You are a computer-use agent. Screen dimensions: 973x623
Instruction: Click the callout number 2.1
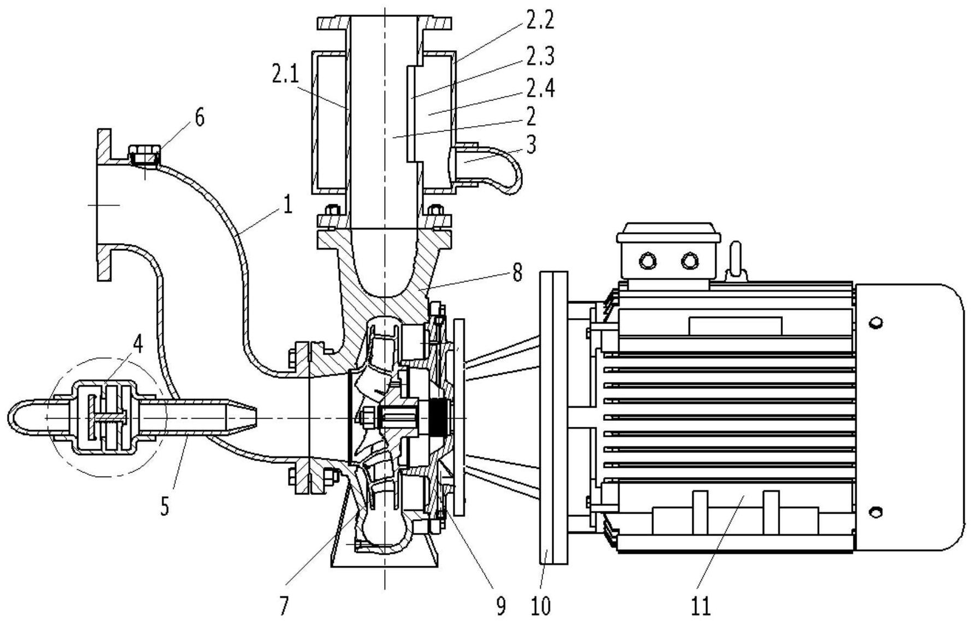(286, 74)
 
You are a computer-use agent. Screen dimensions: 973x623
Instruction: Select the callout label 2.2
(540, 20)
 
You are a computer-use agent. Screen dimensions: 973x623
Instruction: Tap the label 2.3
(540, 56)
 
